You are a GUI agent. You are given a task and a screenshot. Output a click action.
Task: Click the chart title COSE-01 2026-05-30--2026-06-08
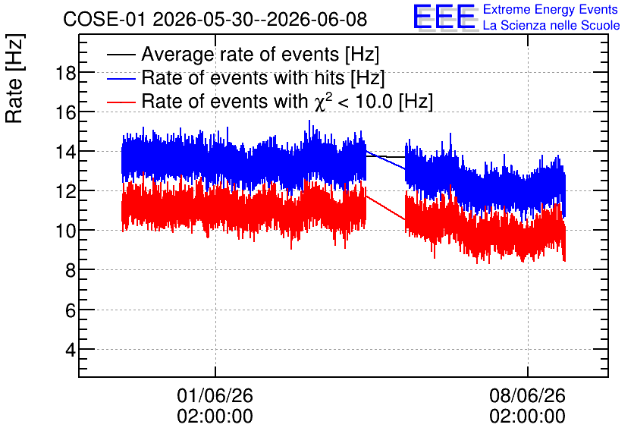(x=215, y=19)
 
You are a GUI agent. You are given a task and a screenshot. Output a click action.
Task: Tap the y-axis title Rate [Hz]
(x=14, y=78)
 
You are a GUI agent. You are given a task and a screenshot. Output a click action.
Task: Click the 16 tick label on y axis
(x=66, y=112)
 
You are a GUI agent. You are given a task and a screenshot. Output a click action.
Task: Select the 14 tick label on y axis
(x=66, y=152)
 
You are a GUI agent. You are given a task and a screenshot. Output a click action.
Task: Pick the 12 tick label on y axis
(x=66, y=191)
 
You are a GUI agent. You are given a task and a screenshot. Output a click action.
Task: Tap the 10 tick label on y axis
(x=66, y=231)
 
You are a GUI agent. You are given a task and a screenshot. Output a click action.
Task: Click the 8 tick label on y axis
(x=71, y=270)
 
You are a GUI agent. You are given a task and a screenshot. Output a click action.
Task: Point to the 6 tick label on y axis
(x=71, y=310)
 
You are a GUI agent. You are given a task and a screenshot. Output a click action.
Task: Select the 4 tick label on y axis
(x=71, y=349)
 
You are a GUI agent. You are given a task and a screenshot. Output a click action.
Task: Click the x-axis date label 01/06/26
(x=215, y=395)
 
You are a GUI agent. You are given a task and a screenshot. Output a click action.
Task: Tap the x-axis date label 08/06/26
(x=528, y=395)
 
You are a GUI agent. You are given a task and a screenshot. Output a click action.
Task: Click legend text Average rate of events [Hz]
(x=260, y=55)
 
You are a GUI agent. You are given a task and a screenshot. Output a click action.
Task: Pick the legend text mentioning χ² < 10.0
(x=287, y=101)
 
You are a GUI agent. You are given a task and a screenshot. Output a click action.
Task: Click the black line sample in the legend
(x=121, y=55)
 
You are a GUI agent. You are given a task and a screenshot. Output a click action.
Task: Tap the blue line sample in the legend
(x=121, y=78)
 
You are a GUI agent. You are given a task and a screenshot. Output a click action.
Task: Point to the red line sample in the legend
(x=121, y=102)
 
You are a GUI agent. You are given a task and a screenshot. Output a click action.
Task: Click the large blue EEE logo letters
(x=444, y=17)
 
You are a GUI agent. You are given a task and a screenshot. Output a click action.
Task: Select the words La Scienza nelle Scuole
(x=551, y=26)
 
